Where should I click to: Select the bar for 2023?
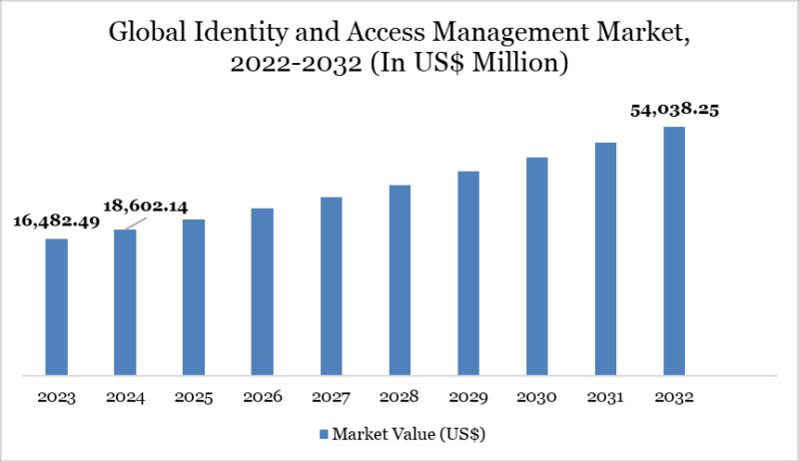click(57, 307)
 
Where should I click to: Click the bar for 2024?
click(125, 302)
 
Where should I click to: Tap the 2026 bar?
click(263, 291)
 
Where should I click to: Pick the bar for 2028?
click(400, 280)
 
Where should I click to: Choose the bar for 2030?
click(537, 266)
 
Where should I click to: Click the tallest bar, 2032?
click(675, 251)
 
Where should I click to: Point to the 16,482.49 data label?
click(56, 222)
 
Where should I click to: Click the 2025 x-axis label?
click(194, 397)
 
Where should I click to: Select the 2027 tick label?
click(332, 397)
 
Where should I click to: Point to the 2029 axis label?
click(468, 397)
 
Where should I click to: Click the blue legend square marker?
click(323, 434)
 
